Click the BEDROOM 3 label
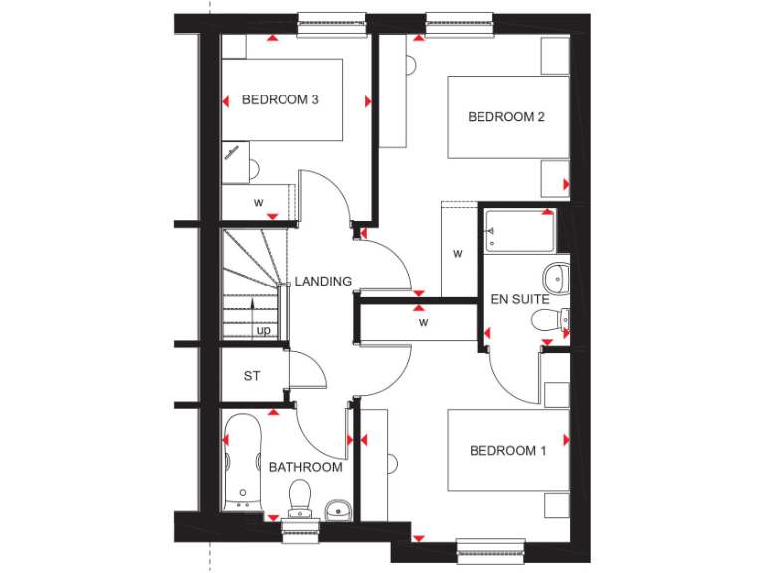pyautogui.click(x=280, y=100)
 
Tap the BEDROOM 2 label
pyautogui.click(x=506, y=117)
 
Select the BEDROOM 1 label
pyautogui.click(x=507, y=451)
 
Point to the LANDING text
pyautogui.click(x=323, y=282)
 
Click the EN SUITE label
pyautogui.click(x=520, y=299)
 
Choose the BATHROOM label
pyautogui.click(x=305, y=467)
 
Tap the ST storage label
pyautogui.click(x=252, y=376)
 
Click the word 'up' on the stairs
pyautogui.click(x=264, y=330)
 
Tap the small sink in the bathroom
pyautogui.click(x=338, y=511)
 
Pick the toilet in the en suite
pyautogui.click(x=550, y=319)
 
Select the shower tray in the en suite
pyautogui.click(x=518, y=232)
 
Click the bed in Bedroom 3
pyautogui.click(x=282, y=99)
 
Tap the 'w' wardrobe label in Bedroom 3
pyautogui.click(x=258, y=203)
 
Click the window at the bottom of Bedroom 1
pyautogui.click(x=490, y=545)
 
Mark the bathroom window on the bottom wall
pyautogui.click(x=299, y=530)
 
